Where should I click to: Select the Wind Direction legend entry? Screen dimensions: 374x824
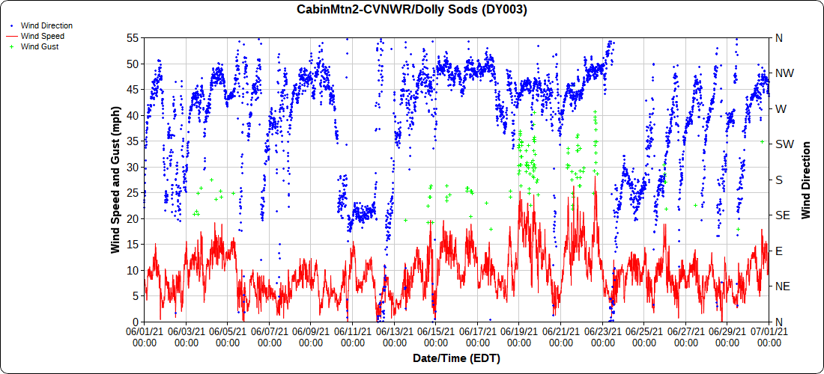tap(46, 25)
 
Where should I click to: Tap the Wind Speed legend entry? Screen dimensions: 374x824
tap(43, 36)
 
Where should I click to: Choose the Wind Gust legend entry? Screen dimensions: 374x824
tap(40, 46)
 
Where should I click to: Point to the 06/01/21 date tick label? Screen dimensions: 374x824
tap(144, 335)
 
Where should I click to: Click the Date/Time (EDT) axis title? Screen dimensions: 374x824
tap(456, 359)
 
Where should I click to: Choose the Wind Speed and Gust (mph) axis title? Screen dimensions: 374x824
tap(116, 180)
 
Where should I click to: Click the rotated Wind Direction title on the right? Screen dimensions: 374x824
tap(806, 180)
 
